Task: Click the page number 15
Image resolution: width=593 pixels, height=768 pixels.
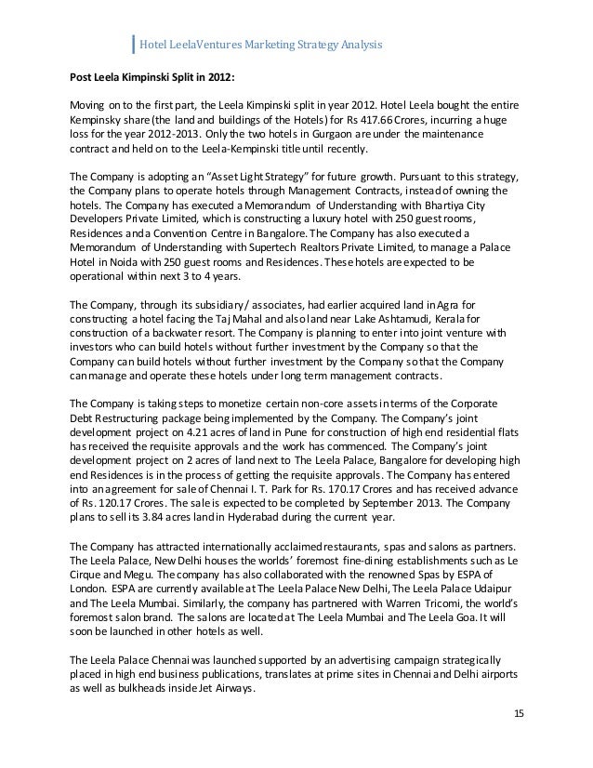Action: [x=519, y=713]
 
